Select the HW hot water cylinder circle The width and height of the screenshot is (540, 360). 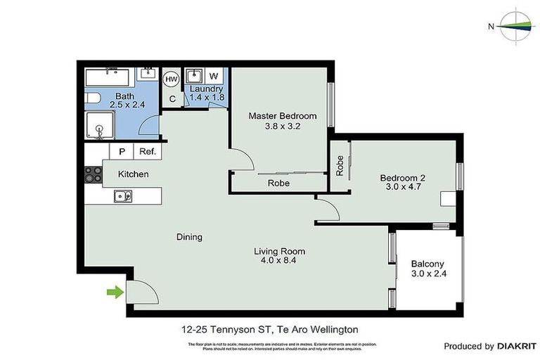171,80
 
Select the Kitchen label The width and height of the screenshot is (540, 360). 133,174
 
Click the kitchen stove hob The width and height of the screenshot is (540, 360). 94,174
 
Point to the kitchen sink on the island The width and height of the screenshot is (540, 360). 120,197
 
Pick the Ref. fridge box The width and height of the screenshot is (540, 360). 147,151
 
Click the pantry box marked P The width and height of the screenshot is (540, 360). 122,151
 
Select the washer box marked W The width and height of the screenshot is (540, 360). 214,76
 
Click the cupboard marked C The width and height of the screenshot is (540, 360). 172,99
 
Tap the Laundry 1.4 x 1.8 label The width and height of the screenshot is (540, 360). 207,94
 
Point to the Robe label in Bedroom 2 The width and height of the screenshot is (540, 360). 340,165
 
